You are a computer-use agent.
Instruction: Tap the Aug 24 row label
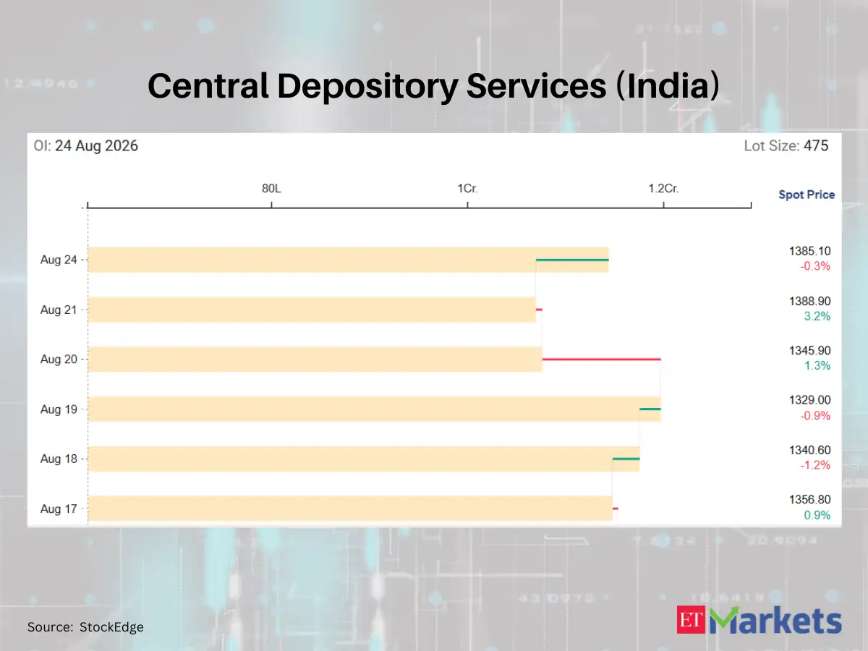(59, 260)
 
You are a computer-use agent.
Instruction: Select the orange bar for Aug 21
(312, 310)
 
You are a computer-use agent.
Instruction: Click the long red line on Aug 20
(602, 359)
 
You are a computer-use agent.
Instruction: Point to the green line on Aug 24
(572, 260)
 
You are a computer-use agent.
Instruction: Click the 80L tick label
(271, 189)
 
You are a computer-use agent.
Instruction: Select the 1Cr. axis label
(467, 189)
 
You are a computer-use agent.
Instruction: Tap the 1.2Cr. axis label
(663, 189)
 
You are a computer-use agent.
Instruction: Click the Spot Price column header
(807, 195)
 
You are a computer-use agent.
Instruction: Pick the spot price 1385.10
(809, 251)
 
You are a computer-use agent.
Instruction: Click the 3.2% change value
(817, 316)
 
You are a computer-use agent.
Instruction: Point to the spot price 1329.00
(809, 400)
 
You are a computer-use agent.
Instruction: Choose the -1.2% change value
(815, 465)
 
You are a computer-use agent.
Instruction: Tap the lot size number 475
(816, 146)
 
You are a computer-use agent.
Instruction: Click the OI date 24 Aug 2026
(96, 146)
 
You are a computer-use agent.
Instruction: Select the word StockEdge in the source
(111, 627)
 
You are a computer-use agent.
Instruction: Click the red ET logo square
(691, 620)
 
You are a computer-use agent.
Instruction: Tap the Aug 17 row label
(59, 509)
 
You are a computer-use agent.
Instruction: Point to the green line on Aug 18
(626, 459)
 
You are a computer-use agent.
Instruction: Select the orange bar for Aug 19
(374, 409)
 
